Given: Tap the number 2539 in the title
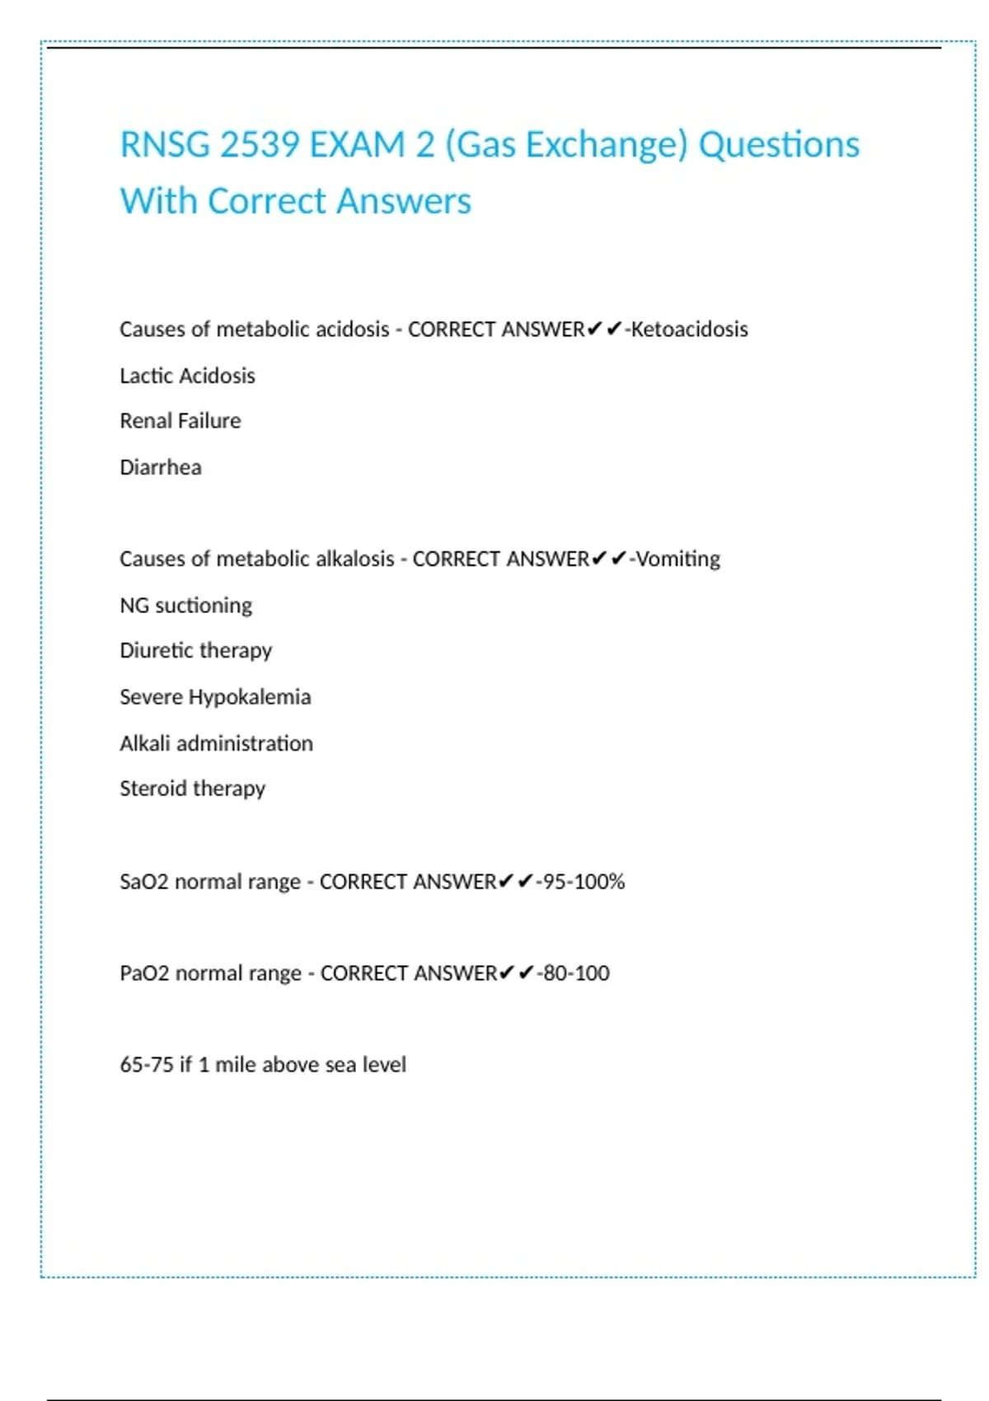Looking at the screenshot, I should (x=260, y=145).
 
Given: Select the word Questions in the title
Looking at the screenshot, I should (x=779, y=145).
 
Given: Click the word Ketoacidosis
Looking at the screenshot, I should (x=689, y=330).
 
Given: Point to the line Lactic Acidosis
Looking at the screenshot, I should (x=187, y=376).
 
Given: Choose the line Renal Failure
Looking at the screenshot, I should (x=180, y=421).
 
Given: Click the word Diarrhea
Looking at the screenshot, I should (x=160, y=467).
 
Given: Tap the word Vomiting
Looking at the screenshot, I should (x=678, y=559).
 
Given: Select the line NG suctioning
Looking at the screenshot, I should (x=185, y=605).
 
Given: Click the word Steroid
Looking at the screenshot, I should (x=153, y=789).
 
